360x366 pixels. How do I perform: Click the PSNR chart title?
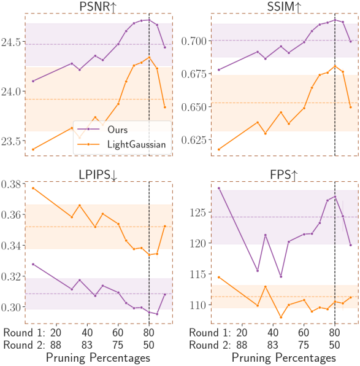click(x=98, y=7)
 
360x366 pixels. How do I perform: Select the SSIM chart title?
click(x=284, y=7)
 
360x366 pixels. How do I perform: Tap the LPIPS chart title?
click(x=98, y=175)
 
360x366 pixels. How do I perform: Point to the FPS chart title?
click(x=284, y=175)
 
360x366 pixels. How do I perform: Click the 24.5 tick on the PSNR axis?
click(x=10, y=42)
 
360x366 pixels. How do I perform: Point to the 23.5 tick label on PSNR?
click(x=10, y=141)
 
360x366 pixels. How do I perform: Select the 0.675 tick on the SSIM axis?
click(x=194, y=74)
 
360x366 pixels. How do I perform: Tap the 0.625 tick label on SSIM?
click(x=194, y=140)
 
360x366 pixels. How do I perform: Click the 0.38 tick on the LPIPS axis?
click(x=10, y=184)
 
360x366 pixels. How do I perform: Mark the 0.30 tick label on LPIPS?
click(x=10, y=308)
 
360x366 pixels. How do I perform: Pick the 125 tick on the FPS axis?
click(x=197, y=212)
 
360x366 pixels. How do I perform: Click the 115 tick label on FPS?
click(x=197, y=274)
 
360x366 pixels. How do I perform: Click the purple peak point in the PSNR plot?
click(x=149, y=20)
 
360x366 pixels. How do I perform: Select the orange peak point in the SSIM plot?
click(x=335, y=66)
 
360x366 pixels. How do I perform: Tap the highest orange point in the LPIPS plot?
click(x=33, y=188)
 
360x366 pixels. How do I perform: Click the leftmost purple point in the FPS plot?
click(x=219, y=188)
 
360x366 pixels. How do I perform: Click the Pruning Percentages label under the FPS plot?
click(x=284, y=358)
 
